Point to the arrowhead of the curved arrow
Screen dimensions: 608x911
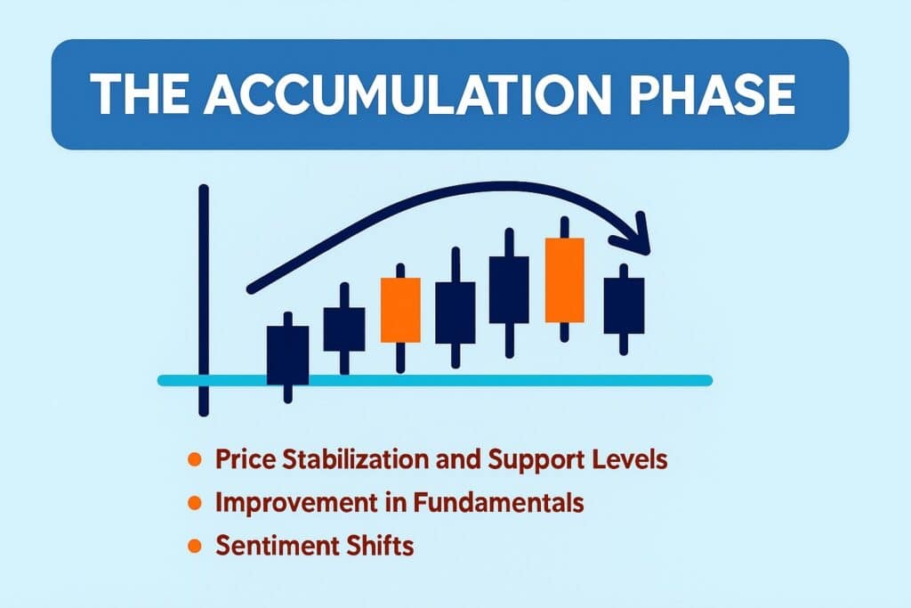click(639, 236)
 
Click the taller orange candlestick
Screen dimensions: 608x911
click(565, 280)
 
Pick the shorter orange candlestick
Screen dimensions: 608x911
click(400, 309)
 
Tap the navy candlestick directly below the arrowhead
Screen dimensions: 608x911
click(623, 305)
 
